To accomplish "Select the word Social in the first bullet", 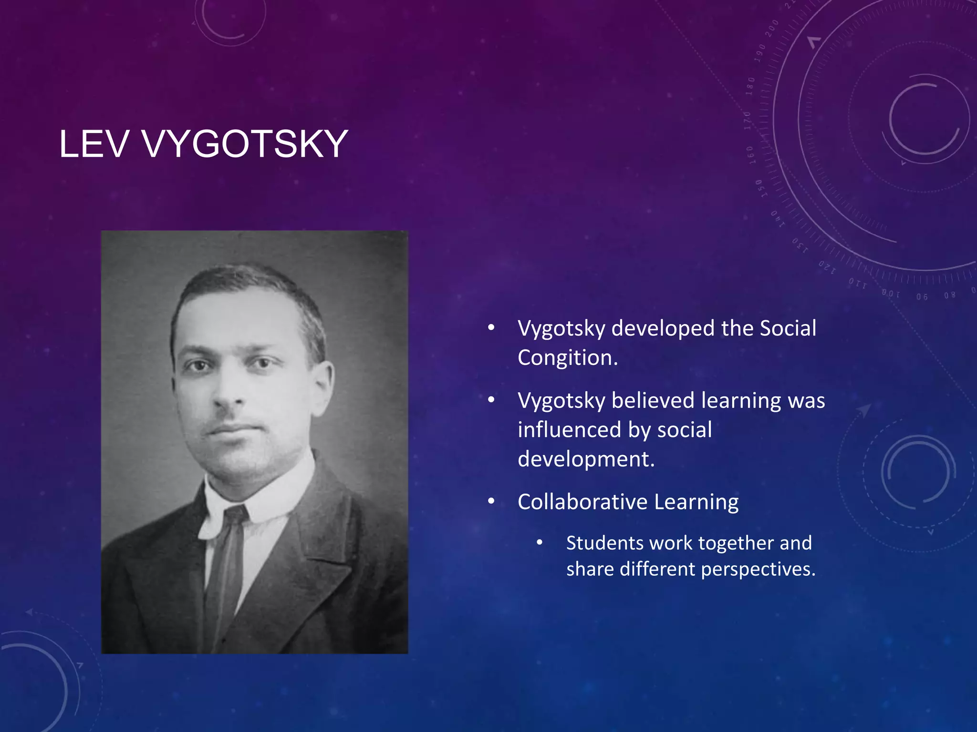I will click(788, 328).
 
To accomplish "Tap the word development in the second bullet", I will click(586, 459).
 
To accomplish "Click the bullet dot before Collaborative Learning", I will click(491, 501).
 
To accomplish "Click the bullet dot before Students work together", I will click(540, 543).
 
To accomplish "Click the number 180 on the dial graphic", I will click(750, 86).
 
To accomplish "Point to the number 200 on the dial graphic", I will click(772, 29).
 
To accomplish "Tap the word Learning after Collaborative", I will click(696, 502).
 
